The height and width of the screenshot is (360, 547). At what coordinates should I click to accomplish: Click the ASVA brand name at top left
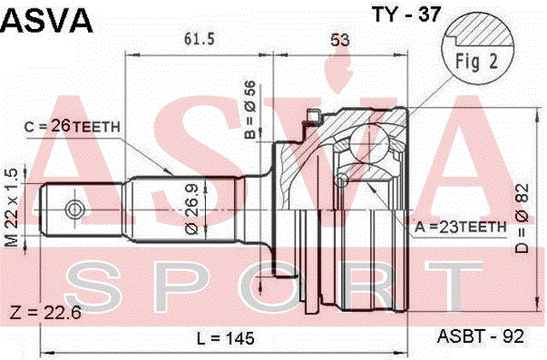47,21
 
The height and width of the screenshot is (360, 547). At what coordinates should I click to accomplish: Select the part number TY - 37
407,15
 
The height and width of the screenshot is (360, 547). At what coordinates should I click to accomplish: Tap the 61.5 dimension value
199,38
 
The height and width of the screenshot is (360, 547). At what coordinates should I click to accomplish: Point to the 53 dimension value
339,40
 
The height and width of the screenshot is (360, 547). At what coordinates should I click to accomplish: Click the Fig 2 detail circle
478,49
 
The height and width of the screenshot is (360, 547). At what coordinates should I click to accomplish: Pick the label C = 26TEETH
72,127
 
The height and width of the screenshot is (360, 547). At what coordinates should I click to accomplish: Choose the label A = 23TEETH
461,227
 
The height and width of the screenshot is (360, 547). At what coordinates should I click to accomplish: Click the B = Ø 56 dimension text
250,109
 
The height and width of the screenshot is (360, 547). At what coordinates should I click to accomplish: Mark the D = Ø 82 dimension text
522,218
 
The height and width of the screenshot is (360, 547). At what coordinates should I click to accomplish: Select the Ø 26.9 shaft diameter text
191,210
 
